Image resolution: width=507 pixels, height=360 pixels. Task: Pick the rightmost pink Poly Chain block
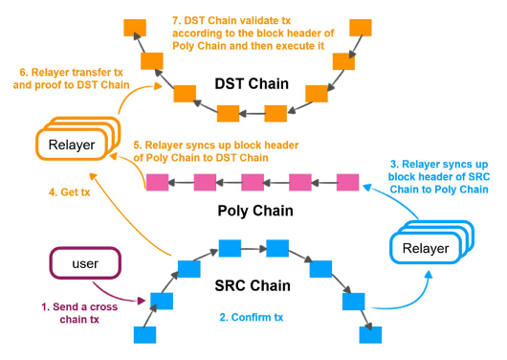click(x=347, y=181)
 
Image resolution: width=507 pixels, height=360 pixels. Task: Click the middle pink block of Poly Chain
click(x=252, y=181)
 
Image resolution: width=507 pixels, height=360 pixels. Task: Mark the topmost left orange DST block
click(x=132, y=23)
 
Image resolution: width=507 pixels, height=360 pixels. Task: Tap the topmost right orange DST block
click(x=362, y=23)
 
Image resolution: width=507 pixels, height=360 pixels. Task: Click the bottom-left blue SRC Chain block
click(x=145, y=335)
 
